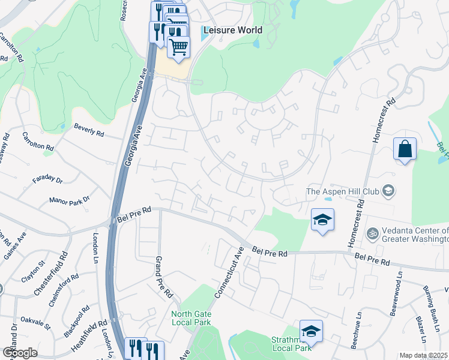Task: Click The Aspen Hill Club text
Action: pos(342,191)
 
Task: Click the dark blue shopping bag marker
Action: pos(405,149)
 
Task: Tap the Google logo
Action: pos(20,353)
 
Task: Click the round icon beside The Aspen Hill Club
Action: pos(388,191)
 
